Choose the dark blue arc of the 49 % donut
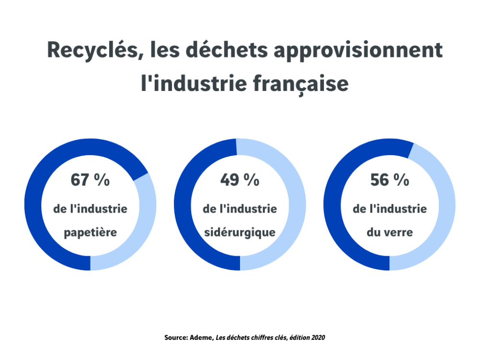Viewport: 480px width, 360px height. tap(183, 204)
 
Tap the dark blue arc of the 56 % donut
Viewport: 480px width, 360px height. tap(333, 204)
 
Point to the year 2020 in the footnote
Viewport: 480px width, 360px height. tap(318, 337)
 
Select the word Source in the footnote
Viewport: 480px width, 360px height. tap(175, 337)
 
